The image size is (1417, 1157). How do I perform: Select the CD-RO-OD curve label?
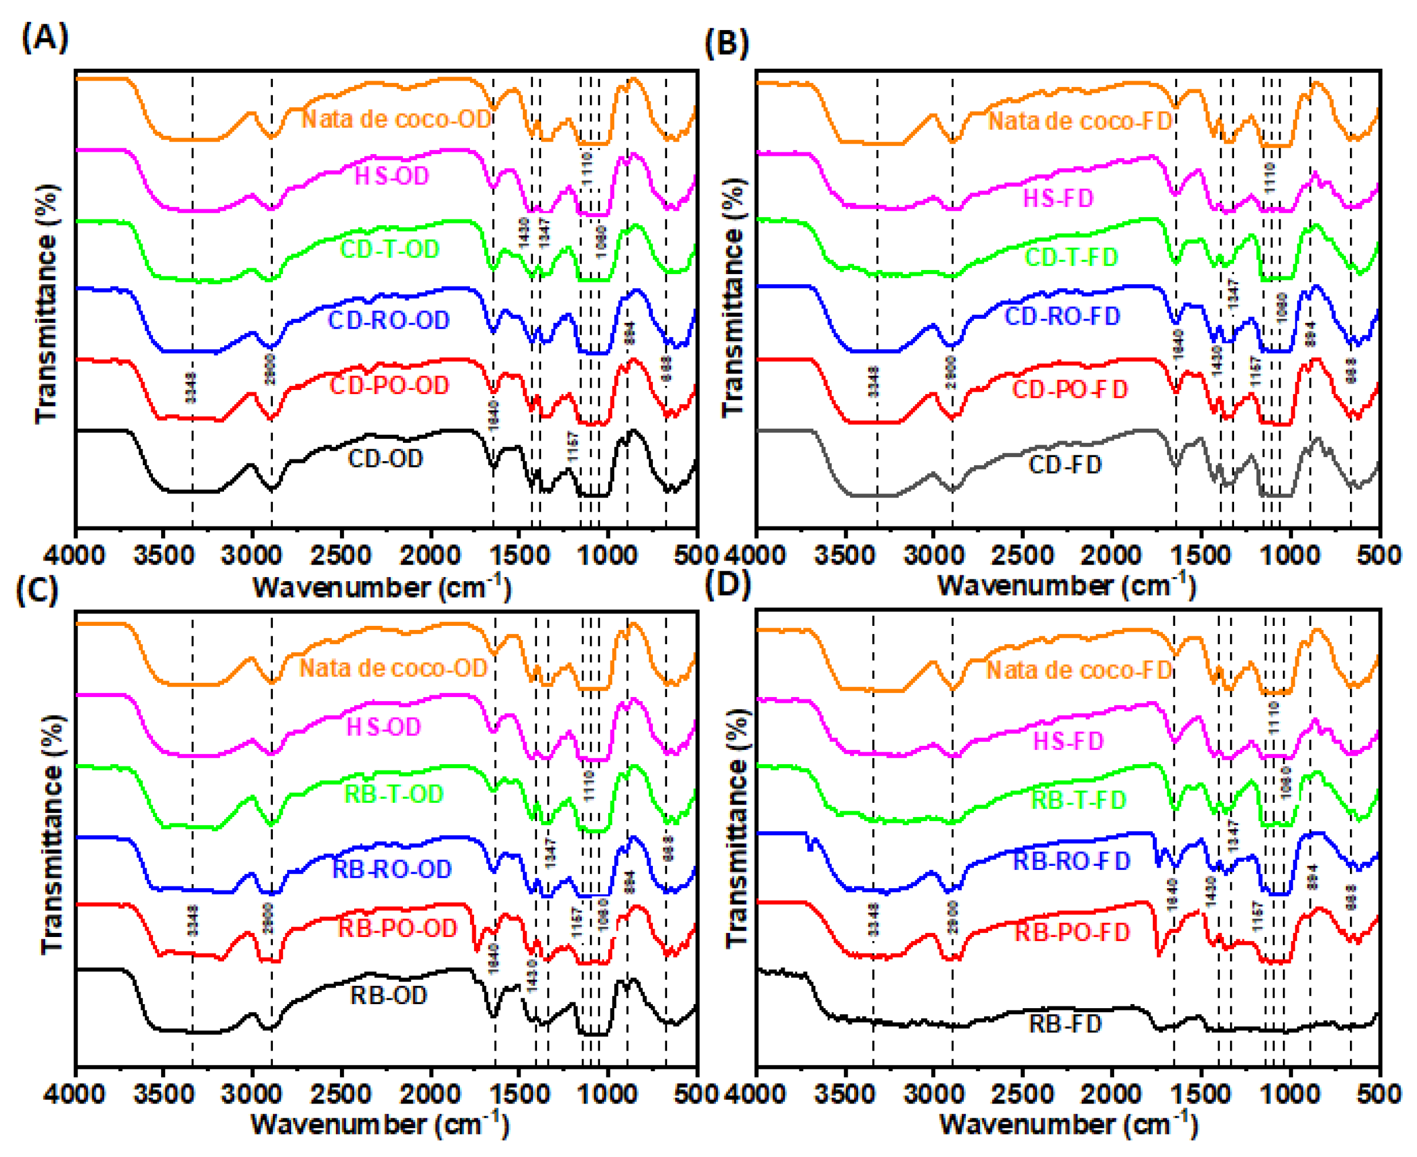pos(389,321)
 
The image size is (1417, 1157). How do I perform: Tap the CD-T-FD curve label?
pos(1071,257)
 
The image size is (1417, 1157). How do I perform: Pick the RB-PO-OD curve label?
pos(397,928)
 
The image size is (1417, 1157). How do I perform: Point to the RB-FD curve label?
pos(1065,1023)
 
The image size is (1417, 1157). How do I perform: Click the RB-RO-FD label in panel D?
pos(1071,862)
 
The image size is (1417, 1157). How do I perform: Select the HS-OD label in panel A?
pos(391,176)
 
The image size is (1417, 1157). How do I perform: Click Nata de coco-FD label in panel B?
pos(1079,121)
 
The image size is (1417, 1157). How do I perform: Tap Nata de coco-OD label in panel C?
pos(394,668)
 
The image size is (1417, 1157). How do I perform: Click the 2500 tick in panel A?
pos(342,555)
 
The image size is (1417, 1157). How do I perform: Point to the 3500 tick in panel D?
pos(845,1095)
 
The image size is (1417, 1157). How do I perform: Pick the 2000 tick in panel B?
pos(1112,555)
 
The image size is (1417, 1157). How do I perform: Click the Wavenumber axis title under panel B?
pos(1066,586)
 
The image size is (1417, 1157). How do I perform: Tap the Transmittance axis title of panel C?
pos(51,833)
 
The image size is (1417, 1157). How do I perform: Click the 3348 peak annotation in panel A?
pos(191,388)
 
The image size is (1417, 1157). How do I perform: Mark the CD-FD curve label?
pos(1065,465)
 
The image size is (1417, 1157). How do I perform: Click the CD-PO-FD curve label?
pos(1069,389)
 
